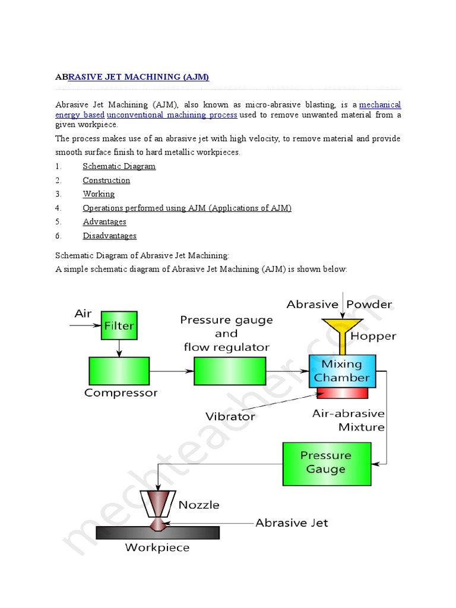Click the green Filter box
point(119,325)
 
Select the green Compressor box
point(119,370)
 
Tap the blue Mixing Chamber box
point(341,370)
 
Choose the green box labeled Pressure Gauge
point(325,462)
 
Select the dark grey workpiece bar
point(157,533)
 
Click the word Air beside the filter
point(83,313)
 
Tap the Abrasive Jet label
point(292,523)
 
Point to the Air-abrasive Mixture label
point(349,420)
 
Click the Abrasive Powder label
point(339,305)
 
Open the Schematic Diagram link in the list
point(119,166)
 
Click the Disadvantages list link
point(109,236)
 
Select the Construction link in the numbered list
point(106,180)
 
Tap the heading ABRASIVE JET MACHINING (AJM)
point(132,77)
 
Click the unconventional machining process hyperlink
point(172,115)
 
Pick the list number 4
point(58,208)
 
